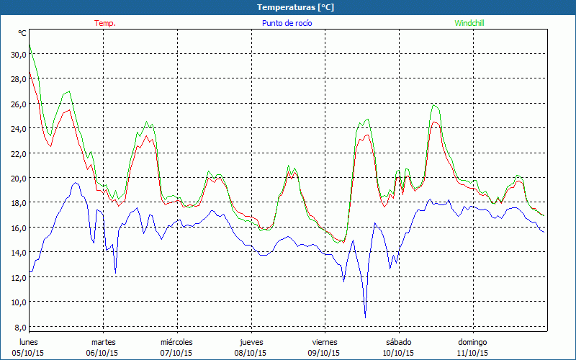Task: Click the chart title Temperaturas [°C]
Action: [295, 7]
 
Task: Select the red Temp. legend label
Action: [105, 23]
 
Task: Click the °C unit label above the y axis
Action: [22, 33]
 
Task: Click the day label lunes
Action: [30, 342]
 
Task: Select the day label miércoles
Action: [176, 342]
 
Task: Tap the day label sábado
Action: [398, 342]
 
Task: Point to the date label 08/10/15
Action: [250, 353]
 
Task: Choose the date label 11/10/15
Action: [472, 353]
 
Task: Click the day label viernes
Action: [324, 342]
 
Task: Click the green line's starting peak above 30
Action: [30, 46]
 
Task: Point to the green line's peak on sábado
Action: [433, 104]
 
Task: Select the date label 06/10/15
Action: [103, 353]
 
